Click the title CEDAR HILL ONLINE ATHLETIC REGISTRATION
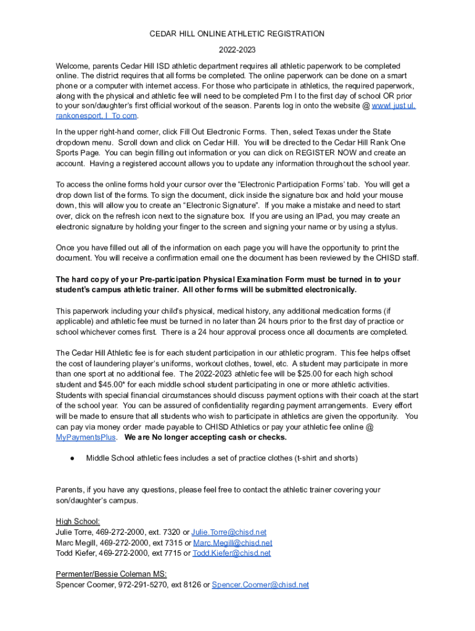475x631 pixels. pyautogui.click(x=237, y=34)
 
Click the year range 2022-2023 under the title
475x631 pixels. pyautogui.click(x=237, y=50)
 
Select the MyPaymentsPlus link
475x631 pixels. pyautogui.click(x=86, y=438)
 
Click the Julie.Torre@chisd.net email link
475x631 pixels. pyautogui.click(x=229, y=532)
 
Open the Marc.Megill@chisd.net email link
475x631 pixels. pyautogui.click(x=233, y=543)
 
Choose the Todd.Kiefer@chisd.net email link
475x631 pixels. pyautogui.click(x=231, y=553)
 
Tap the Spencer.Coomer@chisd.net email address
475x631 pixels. pyautogui.click(x=260, y=585)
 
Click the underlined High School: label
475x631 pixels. pyautogui.click(x=78, y=521)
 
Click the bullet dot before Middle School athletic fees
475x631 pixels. pyautogui.click(x=72, y=458)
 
